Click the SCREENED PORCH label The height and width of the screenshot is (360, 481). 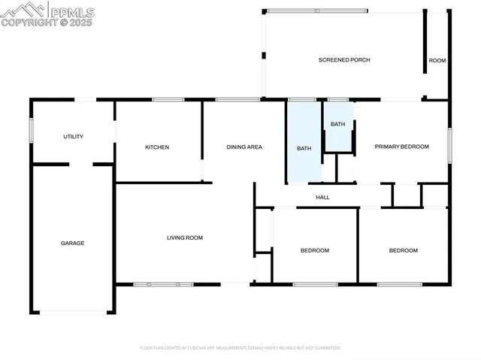click(x=344, y=60)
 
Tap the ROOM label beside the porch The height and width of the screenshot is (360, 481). click(x=437, y=60)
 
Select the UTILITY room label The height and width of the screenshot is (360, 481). click(x=73, y=137)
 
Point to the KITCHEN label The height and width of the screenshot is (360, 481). click(x=157, y=147)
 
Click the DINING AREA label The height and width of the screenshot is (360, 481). click(x=244, y=147)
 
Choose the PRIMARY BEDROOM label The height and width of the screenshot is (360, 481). click(x=402, y=147)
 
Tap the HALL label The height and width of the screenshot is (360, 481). click(x=322, y=198)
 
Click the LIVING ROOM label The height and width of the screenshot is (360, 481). click(x=185, y=238)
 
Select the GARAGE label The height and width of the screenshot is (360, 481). click(x=73, y=244)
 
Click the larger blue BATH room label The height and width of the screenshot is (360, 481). click(x=304, y=149)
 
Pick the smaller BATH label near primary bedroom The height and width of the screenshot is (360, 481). click(x=338, y=125)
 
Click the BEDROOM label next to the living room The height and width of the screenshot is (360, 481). click(x=315, y=250)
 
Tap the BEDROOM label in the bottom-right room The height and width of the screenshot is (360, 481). click(x=403, y=250)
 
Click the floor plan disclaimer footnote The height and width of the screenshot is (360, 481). click(x=240, y=348)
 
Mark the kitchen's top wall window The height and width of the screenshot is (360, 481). click(x=168, y=99)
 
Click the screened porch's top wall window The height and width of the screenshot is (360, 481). click(x=318, y=10)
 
